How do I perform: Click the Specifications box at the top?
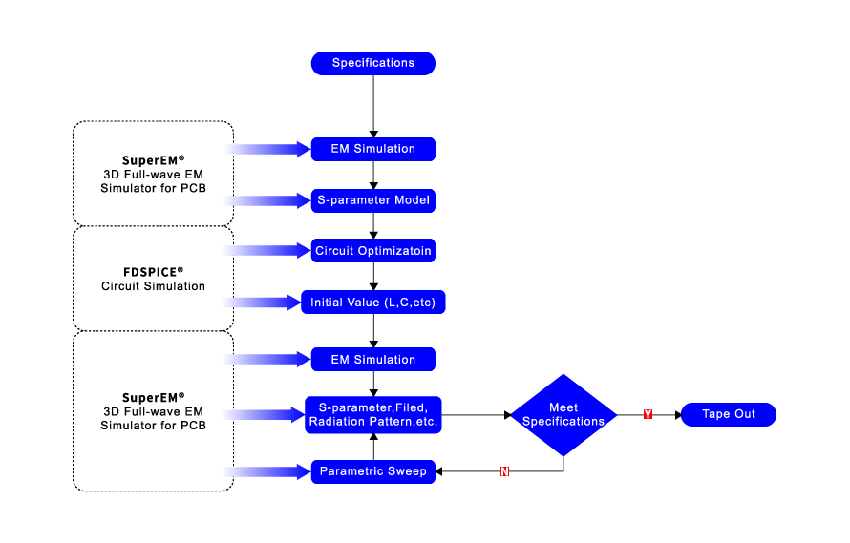(x=373, y=63)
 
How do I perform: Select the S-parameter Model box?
(x=373, y=201)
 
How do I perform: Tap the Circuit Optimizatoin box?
(x=373, y=252)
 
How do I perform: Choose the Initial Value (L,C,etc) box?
(x=373, y=303)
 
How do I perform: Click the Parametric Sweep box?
(x=373, y=470)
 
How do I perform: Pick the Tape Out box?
(x=728, y=414)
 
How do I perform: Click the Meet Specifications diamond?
(x=563, y=414)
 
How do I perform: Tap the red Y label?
(x=648, y=414)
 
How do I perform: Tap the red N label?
(x=504, y=471)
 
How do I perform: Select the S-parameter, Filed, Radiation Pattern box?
(x=373, y=415)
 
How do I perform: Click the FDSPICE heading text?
(x=153, y=271)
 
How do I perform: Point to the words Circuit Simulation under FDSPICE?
(x=153, y=286)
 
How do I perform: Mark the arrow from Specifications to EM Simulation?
(x=373, y=105)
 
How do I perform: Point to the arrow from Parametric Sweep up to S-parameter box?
(x=373, y=447)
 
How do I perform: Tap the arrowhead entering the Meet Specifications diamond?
(x=505, y=414)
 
